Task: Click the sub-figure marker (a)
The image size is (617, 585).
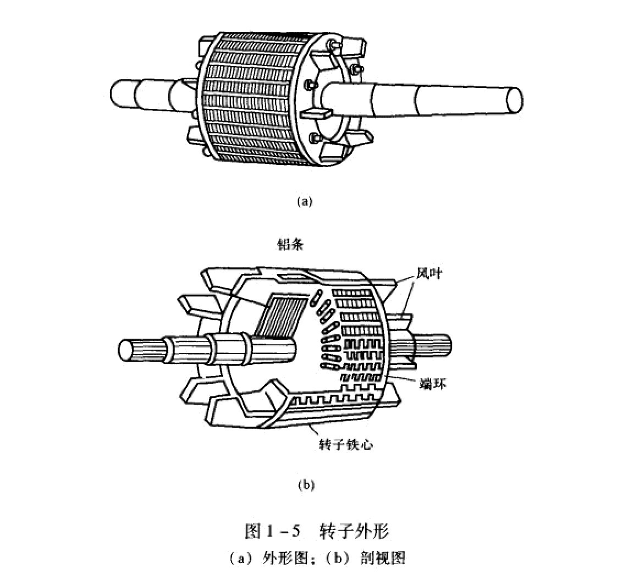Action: [305, 201]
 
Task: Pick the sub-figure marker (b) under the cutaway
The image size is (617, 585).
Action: [306, 485]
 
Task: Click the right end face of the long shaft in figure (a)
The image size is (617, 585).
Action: [514, 100]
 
